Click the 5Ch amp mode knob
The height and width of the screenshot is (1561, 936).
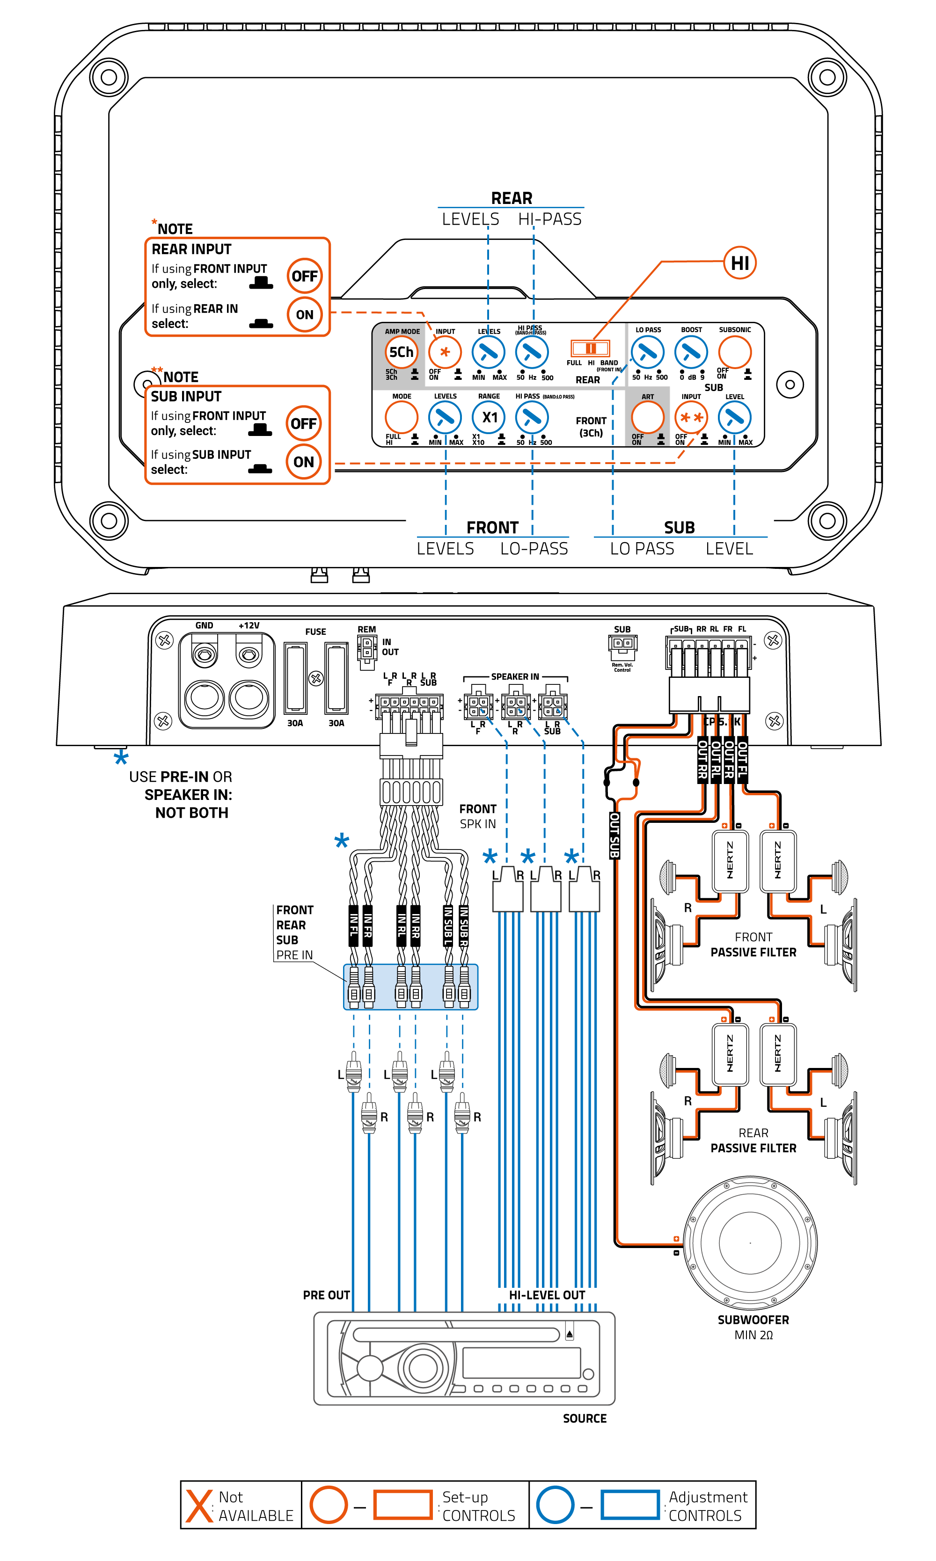coord(401,352)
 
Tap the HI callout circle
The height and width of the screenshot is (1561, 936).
coord(739,263)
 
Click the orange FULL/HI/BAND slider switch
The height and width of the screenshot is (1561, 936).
coord(590,348)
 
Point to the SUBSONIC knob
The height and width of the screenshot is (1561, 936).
coord(735,352)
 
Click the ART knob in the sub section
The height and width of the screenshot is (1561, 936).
coord(648,417)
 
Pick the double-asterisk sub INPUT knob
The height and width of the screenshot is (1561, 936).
coord(691,417)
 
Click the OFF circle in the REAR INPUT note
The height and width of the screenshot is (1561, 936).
coord(305,276)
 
